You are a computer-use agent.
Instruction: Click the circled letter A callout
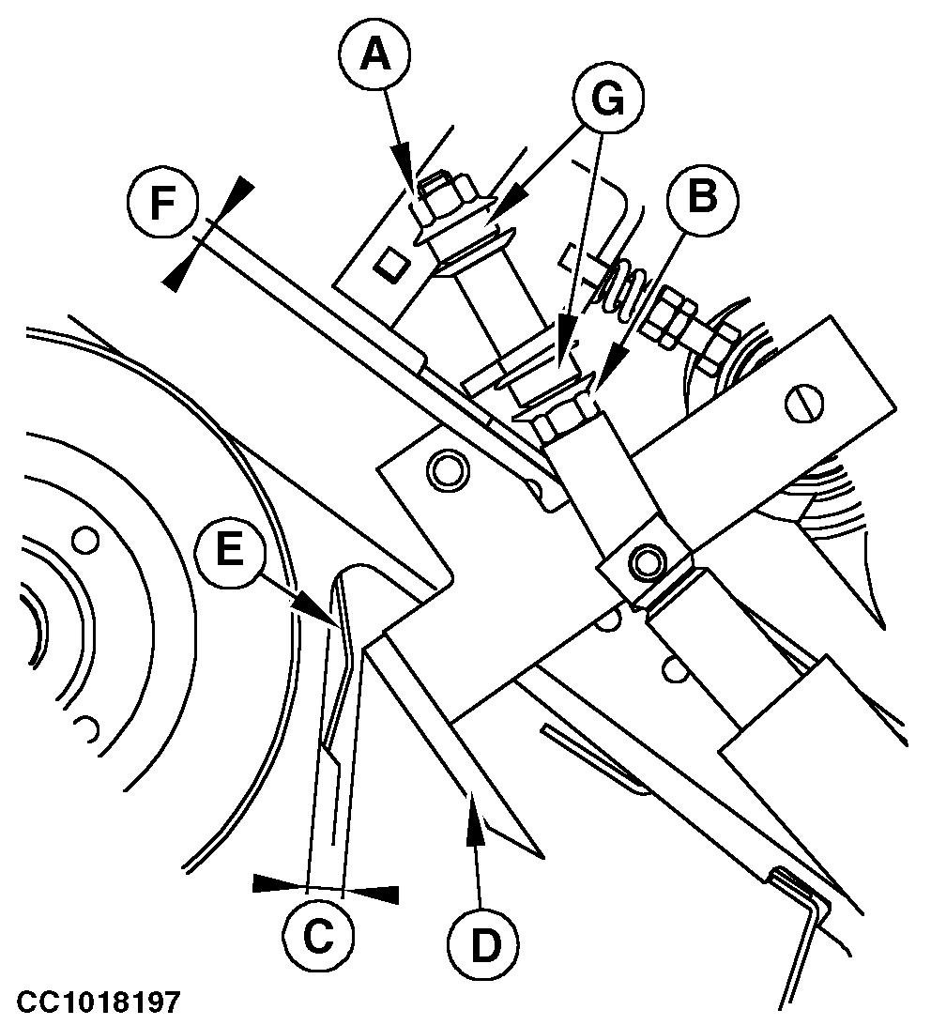click(x=374, y=55)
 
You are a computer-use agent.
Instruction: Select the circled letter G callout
click(x=607, y=99)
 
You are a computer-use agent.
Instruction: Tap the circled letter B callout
click(x=702, y=195)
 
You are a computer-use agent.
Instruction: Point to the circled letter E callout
click(x=230, y=548)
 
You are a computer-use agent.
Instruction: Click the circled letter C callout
click(x=319, y=937)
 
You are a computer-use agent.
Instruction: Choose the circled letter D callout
click(x=483, y=943)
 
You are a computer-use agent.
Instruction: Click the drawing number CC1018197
click(x=98, y=1002)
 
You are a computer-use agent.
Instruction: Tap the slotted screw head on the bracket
click(x=803, y=405)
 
